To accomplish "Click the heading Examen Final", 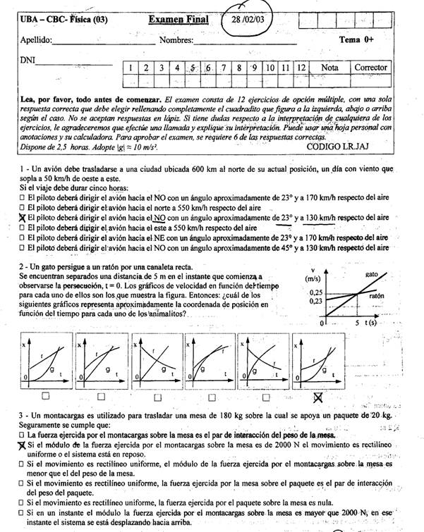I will [x=178, y=19].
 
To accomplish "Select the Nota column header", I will [x=329, y=68].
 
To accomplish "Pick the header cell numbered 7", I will [x=224, y=68].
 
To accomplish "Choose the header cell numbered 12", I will [x=301, y=68].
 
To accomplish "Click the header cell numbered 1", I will [x=130, y=68].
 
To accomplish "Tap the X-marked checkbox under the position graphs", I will [x=318, y=397].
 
